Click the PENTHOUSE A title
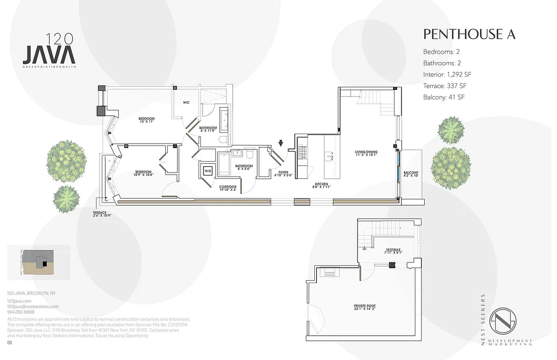[469, 34]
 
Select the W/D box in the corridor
[208, 171]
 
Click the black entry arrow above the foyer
[281, 144]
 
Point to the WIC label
[186, 103]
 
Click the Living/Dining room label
[366, 154]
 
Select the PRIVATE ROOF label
[364, 308]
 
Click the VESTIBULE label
[393, 251]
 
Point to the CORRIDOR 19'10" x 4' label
[228, 189]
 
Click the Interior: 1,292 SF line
[447, 74]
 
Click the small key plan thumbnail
[39, 262]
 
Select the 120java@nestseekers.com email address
[33, 306]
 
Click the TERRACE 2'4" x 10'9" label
[102, 213]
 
